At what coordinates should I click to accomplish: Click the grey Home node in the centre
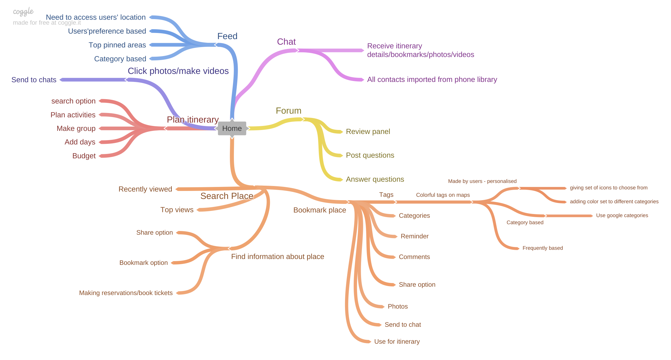232,128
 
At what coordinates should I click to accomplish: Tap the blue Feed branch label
227,36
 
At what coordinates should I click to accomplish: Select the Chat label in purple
286,42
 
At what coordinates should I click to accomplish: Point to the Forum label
288,111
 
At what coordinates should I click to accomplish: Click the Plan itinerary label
193,119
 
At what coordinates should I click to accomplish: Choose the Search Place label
227,196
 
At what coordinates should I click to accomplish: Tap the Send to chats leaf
34,80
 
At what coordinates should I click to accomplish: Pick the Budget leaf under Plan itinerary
84,156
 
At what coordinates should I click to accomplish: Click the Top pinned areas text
117,45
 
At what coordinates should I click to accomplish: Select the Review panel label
368,132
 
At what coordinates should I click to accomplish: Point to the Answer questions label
375,180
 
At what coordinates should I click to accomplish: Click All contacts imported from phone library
432,80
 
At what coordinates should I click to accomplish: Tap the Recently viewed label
145,189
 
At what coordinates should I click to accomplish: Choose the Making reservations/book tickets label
126,293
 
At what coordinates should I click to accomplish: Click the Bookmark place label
319,210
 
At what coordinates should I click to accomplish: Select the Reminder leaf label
415,237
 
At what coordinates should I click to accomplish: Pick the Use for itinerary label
397,342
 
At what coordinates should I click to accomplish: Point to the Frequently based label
543,248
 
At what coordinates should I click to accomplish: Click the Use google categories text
622,216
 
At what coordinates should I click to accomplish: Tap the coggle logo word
23,12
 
